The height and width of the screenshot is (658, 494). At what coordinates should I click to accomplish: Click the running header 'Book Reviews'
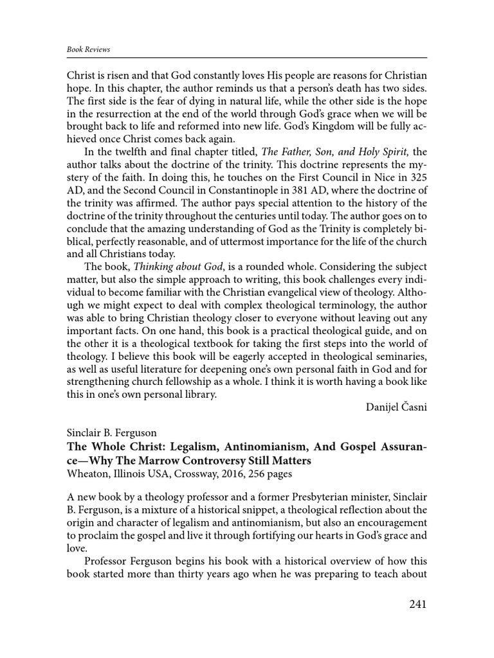88,49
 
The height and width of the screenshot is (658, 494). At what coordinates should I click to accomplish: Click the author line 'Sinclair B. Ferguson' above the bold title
113,434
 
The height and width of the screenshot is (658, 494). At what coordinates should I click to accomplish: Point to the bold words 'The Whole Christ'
105,447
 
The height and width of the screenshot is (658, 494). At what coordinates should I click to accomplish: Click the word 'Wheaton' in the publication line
87,474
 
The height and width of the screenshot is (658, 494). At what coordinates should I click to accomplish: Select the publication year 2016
223,474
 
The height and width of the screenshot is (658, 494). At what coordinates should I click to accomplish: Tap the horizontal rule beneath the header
247,57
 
